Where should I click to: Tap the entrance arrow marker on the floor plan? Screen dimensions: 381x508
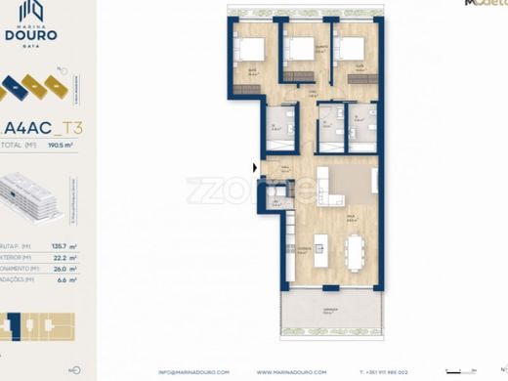coord(256,168)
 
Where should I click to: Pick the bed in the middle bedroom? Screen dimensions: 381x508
coord(305,48)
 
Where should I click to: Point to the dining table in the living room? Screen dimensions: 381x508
coord(354,254)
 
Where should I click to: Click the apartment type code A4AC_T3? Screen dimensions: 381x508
coord(44,126)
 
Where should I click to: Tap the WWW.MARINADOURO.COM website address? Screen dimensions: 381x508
coord(292,372)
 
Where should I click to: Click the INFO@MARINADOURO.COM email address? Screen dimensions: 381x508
coord(193,372)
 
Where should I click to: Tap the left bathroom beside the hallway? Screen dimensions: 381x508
coord(282,127)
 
